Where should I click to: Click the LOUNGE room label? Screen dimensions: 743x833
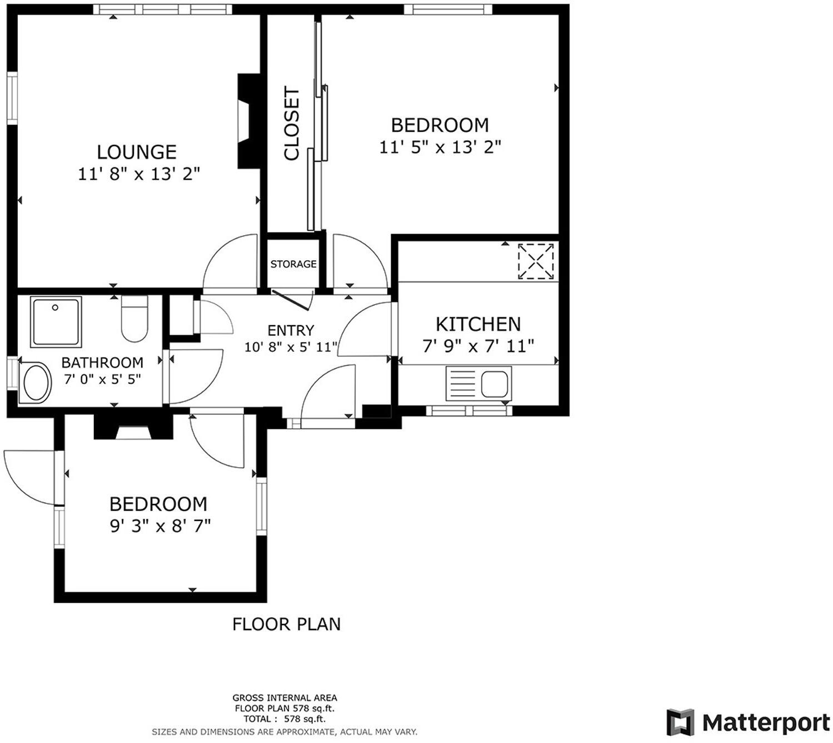pos(137,152)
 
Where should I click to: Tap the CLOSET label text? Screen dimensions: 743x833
pos(292,123)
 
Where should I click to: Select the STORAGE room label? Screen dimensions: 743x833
pos(293,264)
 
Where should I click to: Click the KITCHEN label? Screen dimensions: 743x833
pos(478,324)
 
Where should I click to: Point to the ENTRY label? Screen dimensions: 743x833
pos(291,330)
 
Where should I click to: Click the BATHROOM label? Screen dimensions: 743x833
pos(102,363)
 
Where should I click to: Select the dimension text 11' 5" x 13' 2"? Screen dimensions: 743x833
pos(440,147)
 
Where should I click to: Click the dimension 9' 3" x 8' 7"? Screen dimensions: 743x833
pos(160,526)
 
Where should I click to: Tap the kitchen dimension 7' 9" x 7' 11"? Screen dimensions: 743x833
pos(478,346)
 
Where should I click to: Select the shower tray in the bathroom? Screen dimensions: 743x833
pos(56,322)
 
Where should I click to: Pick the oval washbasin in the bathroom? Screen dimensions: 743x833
pos(36,383)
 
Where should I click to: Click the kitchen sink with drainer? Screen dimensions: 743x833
pos(478,384)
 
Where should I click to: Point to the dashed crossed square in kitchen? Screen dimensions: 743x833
pos(536,261)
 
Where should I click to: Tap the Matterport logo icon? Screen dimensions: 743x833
pos(680,722)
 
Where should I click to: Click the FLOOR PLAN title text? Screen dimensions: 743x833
pos(286,624)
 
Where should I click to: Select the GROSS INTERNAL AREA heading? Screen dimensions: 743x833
pos(285,697)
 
